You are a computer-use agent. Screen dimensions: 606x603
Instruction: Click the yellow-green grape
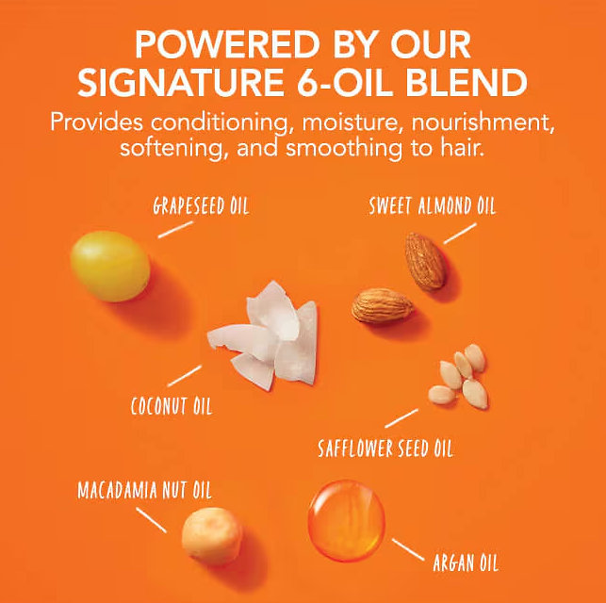110,266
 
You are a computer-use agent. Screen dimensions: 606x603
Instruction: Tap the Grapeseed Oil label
201,205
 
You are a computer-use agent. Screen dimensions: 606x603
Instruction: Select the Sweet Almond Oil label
432,205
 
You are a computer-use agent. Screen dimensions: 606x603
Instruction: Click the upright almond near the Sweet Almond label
425,261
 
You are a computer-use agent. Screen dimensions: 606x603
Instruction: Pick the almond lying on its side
382,305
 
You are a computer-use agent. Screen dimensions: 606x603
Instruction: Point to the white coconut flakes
263,334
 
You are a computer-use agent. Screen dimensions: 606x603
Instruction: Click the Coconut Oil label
172,406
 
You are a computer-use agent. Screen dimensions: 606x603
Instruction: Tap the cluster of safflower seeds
458,376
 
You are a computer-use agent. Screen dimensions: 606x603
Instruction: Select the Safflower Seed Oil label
385,448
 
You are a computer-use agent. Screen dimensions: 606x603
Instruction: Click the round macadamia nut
212,536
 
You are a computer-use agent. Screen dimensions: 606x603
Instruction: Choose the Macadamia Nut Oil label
144,490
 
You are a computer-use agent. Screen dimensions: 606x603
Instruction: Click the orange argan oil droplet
347,520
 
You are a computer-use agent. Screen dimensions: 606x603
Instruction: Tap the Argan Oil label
466,562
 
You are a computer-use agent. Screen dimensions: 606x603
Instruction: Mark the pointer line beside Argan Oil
408,549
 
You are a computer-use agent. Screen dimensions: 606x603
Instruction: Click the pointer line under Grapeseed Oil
175,230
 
